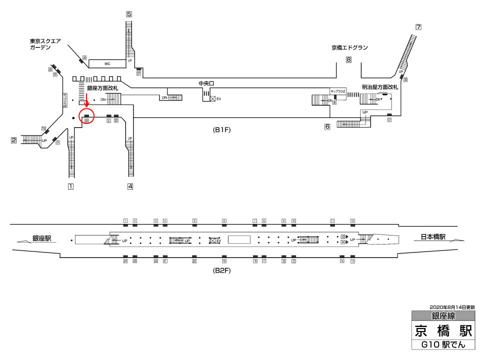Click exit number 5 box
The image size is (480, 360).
pos(129,14)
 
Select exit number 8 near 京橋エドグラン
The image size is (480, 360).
pos(348,60)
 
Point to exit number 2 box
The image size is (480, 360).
pos(14,140)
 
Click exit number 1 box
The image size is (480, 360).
pos(71,187)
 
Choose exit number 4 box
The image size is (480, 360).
pos(130,187)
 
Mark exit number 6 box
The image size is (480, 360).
pos(327,126)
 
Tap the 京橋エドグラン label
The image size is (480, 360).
pos(349,48)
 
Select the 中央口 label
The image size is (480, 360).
pos(206,83)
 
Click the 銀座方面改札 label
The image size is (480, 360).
pos(102,88)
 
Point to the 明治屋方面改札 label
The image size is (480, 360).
pos(380,87)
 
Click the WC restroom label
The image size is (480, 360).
pos(107,64)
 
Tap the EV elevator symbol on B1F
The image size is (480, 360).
pos(213,99)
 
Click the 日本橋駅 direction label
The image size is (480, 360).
pos(432,237)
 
